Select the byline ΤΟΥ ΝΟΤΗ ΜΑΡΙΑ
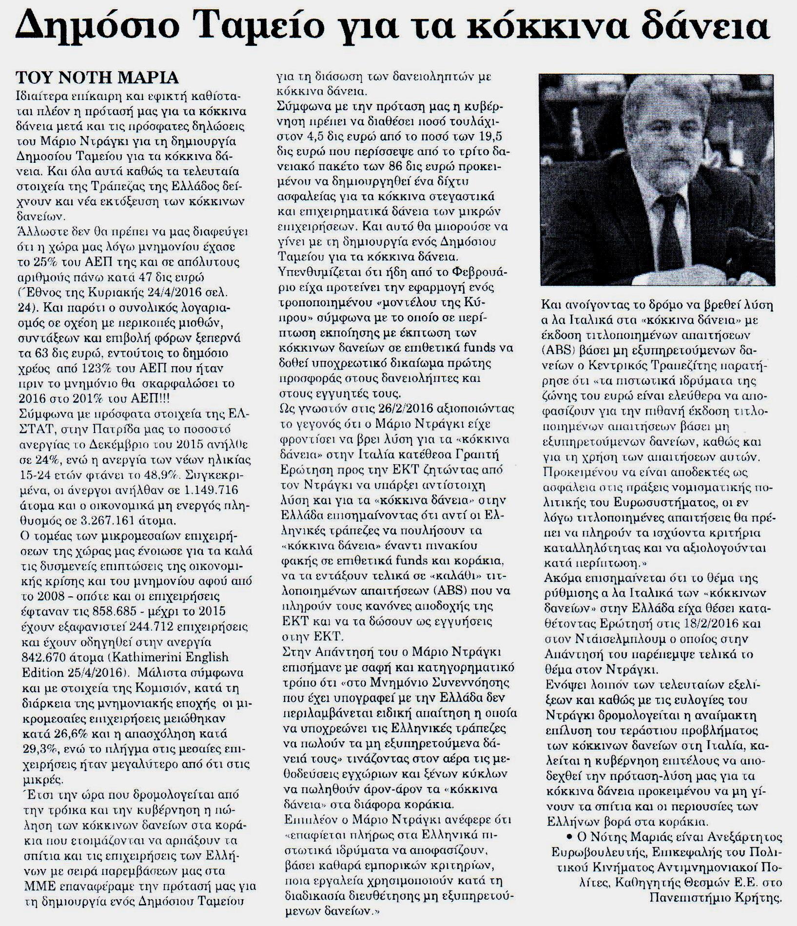pyautogui.click(x=97, y=78)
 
